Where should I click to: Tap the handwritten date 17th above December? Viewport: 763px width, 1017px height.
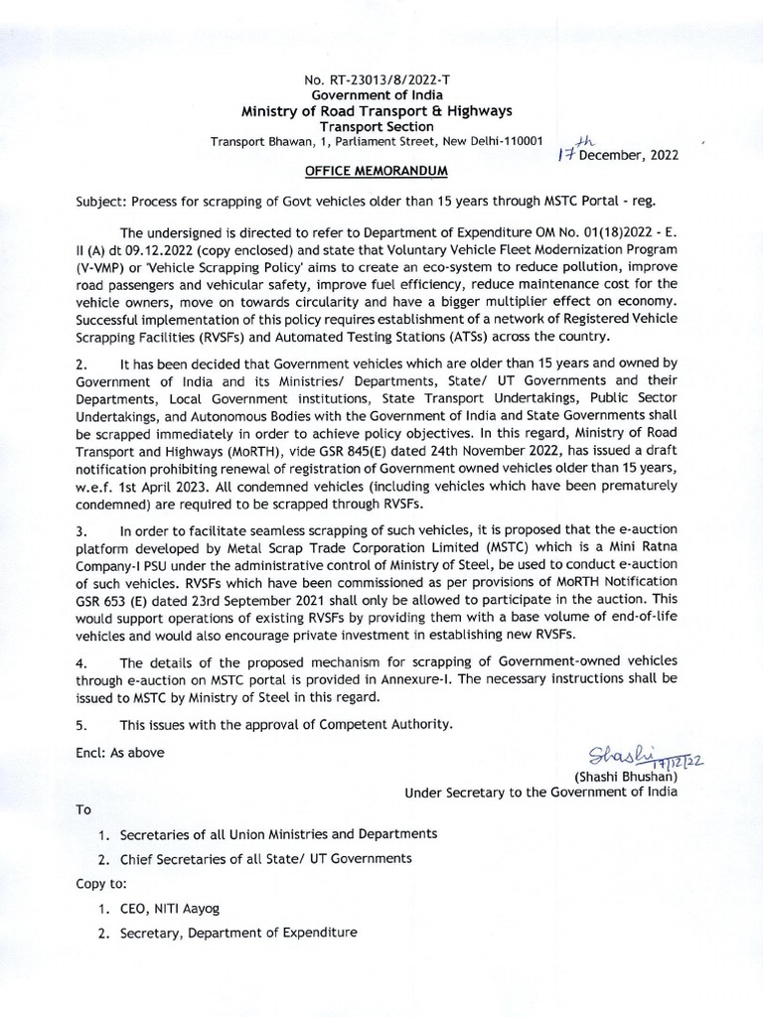(573, 148)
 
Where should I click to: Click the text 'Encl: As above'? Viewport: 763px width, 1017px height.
(121, 752)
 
